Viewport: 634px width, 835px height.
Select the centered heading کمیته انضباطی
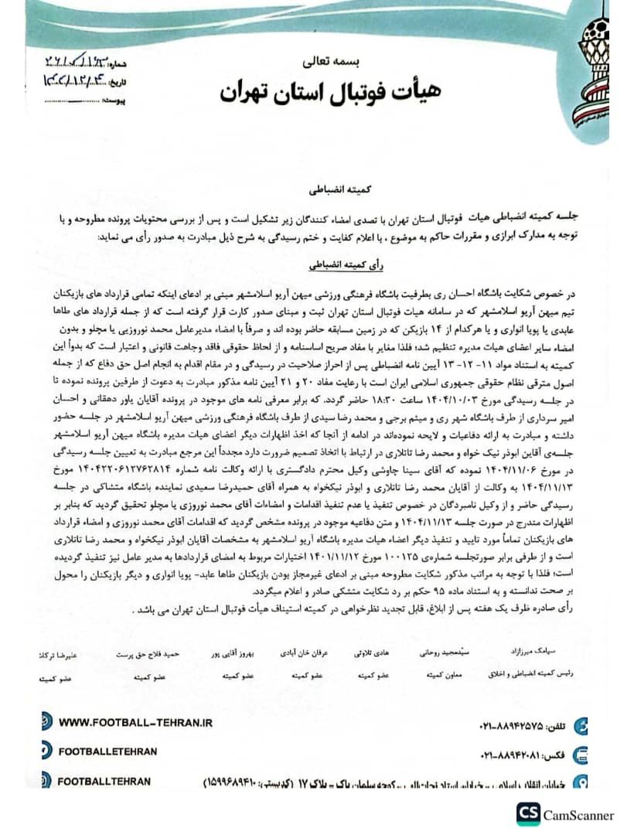tap(319, 189)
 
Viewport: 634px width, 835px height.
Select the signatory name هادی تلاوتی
tap(371, 653)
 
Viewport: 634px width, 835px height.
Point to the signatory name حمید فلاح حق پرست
tap(148, 653)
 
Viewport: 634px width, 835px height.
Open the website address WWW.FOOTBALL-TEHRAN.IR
tap(135, 723)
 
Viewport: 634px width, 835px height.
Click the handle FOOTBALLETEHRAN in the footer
tap(107, 751)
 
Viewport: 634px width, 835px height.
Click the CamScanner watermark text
tap(578, 815)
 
